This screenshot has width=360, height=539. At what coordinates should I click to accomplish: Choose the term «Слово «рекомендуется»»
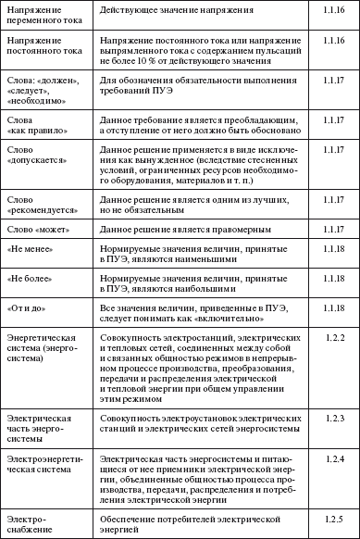40,205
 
